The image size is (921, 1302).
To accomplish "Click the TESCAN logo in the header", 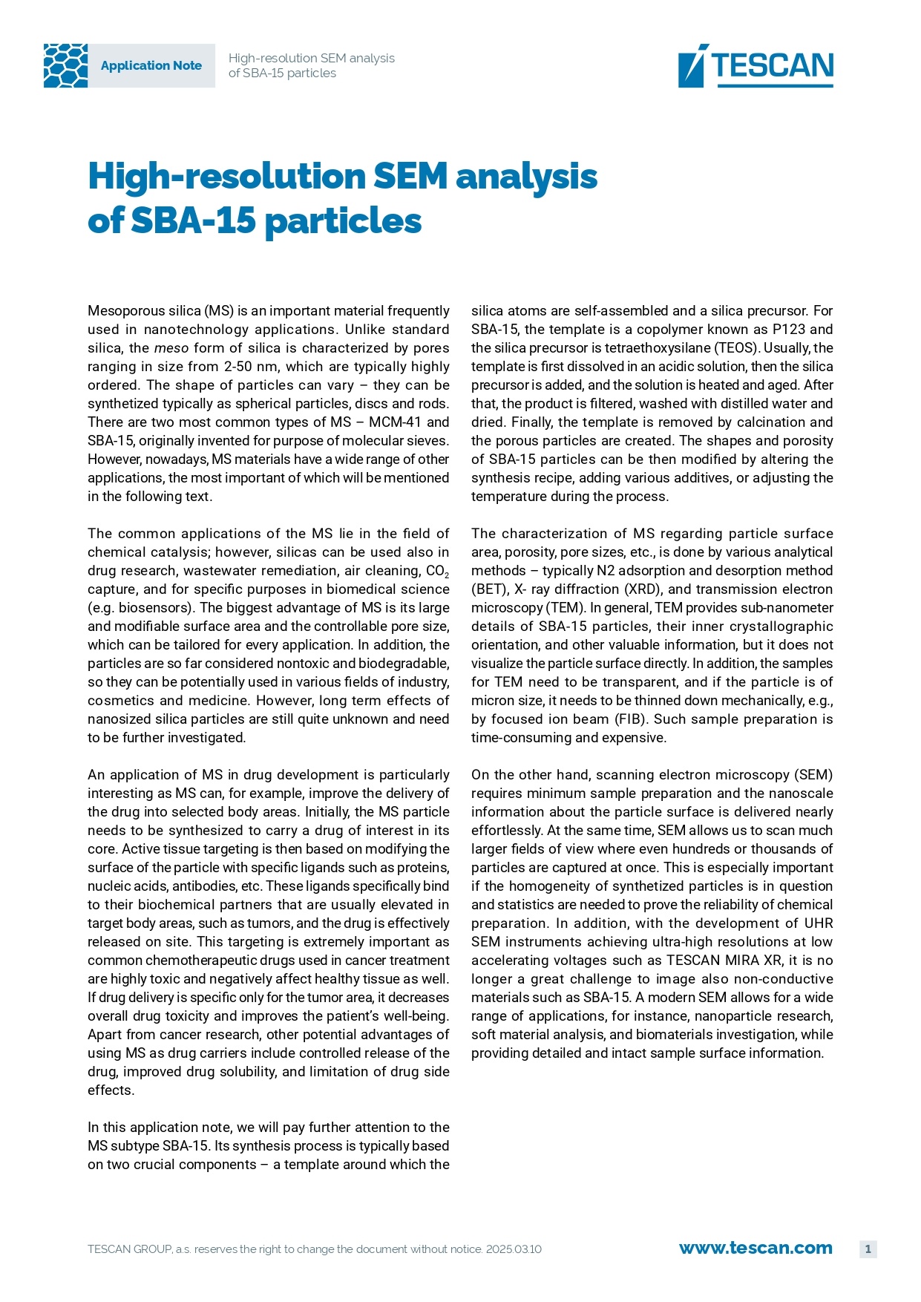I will click(x=756, y=65).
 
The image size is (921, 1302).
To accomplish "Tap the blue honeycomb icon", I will click(x=65, y=65).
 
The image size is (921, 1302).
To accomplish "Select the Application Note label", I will click(x=151, y=65).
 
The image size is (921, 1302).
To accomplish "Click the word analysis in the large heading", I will click(x=526, y=177).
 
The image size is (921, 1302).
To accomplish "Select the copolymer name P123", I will click(x=788, y=330).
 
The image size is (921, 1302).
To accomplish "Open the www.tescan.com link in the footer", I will click(x=756, y=1249).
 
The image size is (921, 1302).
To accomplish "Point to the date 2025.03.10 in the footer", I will click(x=514, y=1249).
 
